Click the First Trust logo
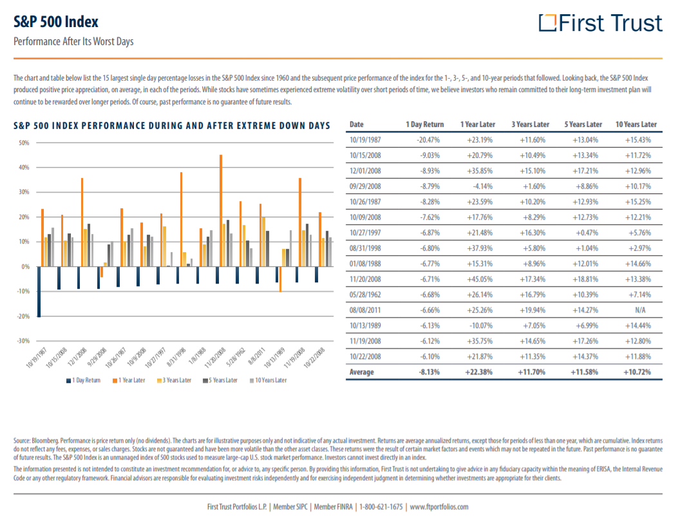tap(600, 23)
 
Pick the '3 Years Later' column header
tap(530, 124)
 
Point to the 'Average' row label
tap(361, 373)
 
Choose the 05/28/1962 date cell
tap(365, 295)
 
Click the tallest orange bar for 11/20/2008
tap(221, 211)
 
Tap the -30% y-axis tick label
tap(24, 340)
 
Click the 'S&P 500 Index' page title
tap(56, 22)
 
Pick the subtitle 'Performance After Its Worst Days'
tap(73, 42)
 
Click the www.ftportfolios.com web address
tap(438, 507)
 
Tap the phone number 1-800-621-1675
tap(381, 507)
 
